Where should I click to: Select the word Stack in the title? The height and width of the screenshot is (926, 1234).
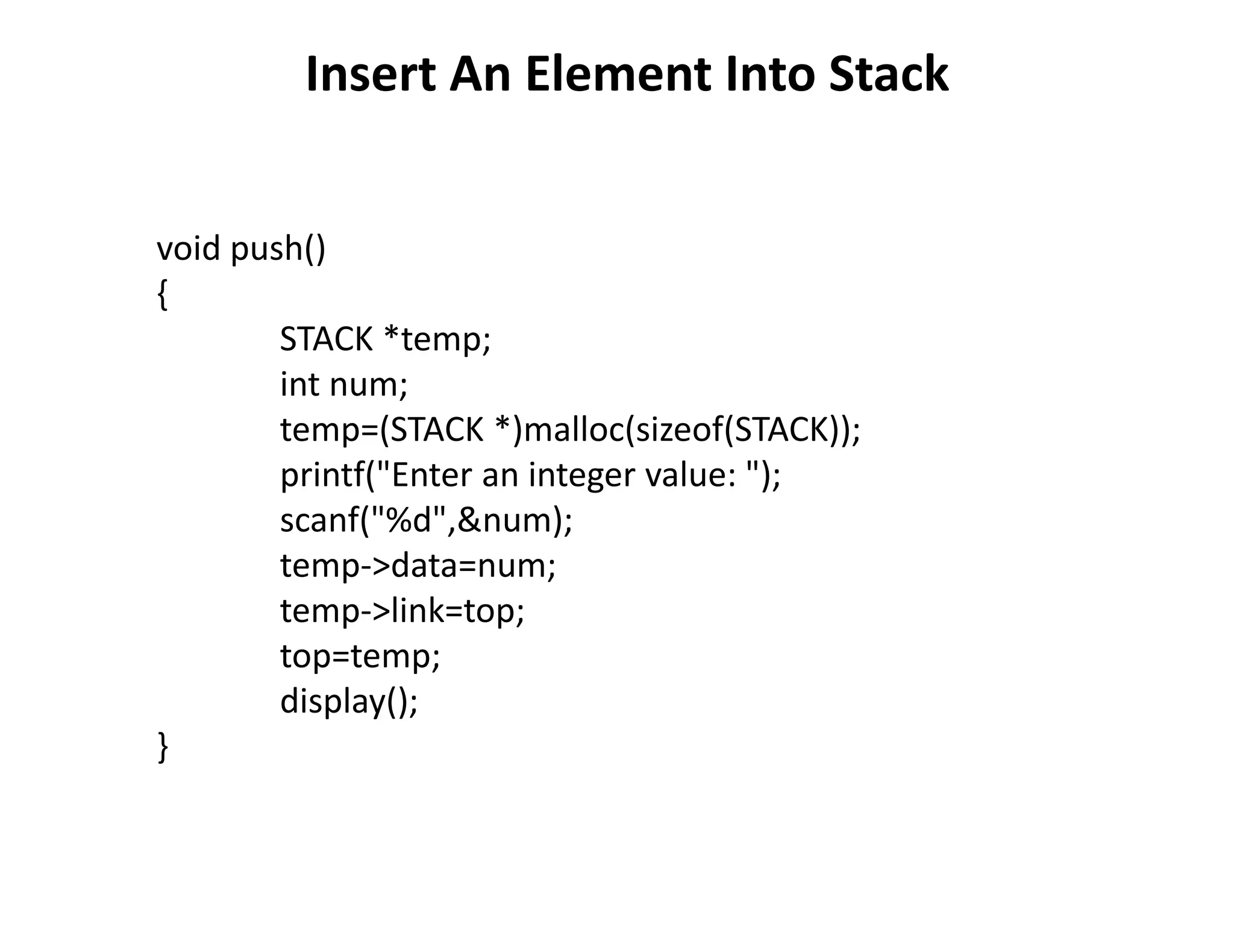(x=889, y=74)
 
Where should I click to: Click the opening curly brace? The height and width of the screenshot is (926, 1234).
(x=162, y=295)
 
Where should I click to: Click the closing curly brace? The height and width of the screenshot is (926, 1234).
(x=162, y=748)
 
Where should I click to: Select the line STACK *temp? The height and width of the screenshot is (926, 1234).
(x=386, y=339)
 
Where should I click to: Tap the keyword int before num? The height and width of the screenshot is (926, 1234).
(x=299, y=384)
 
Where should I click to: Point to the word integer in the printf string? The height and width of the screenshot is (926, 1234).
(x=581, y=475)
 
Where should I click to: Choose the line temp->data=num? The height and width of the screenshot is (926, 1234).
(x=418, y=565)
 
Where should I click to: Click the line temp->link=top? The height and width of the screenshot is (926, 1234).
(x=402, y=611)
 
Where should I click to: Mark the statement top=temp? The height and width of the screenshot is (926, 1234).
(x=360, y=656)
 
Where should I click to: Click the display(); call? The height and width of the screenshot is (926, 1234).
(x=349, y=701)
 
